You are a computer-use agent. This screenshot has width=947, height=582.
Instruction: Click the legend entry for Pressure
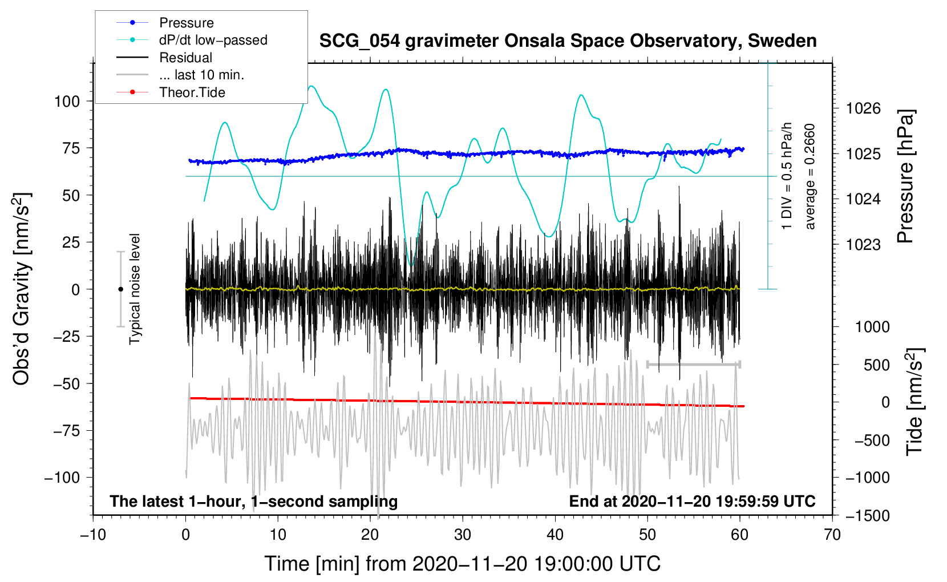(x=186, y=23)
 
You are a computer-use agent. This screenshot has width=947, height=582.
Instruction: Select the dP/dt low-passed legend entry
(x=213, y=40)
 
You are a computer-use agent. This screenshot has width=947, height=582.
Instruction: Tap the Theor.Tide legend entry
(x=192, y=92)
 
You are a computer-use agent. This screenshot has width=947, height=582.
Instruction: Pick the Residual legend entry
(x=185, y=58)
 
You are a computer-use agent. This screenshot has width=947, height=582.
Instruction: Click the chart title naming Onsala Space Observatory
(x=568, y=41)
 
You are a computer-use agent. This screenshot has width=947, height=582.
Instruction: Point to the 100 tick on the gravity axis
(x=66, y=102)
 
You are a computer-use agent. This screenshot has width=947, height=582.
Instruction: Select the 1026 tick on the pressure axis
(x=863, y=108)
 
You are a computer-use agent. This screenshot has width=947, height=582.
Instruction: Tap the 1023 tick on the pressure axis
(x=863, y=245)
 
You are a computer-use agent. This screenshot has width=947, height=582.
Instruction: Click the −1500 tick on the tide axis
(x=867, y=516)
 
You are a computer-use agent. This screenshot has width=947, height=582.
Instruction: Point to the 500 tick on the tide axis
(x=876, y=365)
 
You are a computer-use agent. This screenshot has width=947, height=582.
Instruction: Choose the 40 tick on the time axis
(x=555, y=535)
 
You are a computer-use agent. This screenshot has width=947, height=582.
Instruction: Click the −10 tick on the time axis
(x=93, y=535)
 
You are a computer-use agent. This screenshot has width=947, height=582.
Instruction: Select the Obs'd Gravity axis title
(x=21, y=289)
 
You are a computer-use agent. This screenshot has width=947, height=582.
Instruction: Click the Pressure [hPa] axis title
(x=905, y=177)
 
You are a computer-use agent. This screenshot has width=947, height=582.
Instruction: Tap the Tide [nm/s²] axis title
(x=914, y=402)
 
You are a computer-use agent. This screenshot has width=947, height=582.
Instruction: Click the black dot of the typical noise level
(x=121, y=289)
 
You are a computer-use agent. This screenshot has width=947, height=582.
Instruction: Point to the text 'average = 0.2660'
(x=810, y=177)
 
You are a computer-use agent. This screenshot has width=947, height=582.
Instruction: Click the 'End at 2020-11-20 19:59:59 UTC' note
(x=692, y=502)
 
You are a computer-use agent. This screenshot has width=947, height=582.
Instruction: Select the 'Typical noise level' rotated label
(x=135, y=289)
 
